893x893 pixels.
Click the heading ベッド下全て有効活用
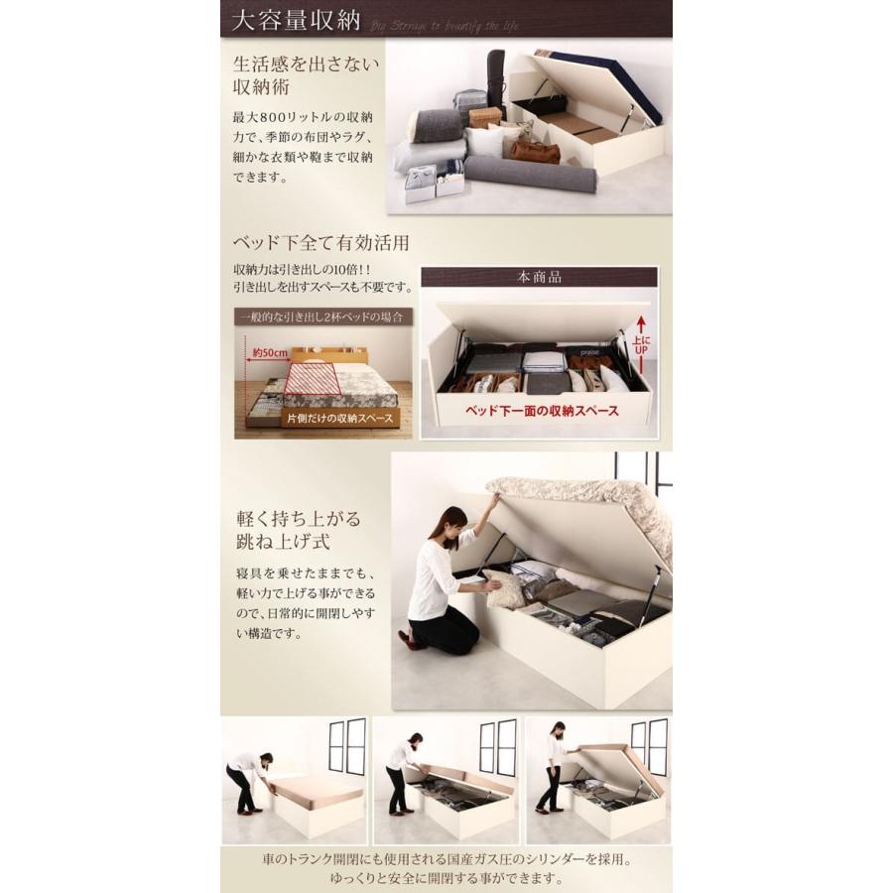pyautogui.click(x=320, y=243)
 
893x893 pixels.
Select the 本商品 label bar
pyautogui.click(x=539, y=278)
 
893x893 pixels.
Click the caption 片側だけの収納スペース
pyautogui.click(x=340, y=419)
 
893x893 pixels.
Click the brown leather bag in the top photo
pyautogui.click(x=534, y=152)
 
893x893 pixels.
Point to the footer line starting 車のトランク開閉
pyautogui.click(x=446, y=860)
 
